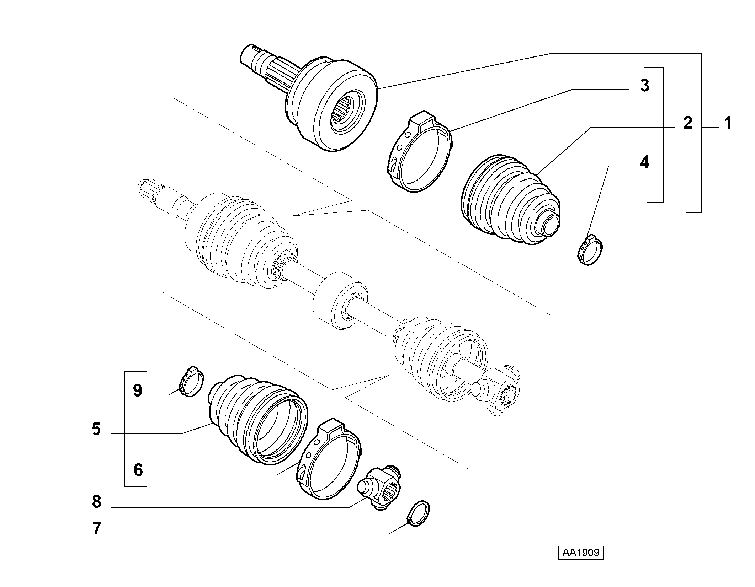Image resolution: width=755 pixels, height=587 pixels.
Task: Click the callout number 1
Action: coord(728,123)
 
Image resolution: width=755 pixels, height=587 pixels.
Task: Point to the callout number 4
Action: coord(644,162)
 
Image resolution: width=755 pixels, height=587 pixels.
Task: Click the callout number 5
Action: coord(96,429)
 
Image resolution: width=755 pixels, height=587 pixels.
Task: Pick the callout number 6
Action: coord(138,470)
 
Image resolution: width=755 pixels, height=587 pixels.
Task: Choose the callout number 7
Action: coord(97,528)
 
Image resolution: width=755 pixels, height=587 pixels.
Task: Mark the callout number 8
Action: coord(97,502)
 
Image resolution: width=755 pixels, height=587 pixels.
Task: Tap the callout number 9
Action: coord(138,391)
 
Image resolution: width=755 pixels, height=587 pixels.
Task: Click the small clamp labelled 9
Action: coord(191,381)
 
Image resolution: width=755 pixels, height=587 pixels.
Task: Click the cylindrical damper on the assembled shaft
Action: coord(340,301)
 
